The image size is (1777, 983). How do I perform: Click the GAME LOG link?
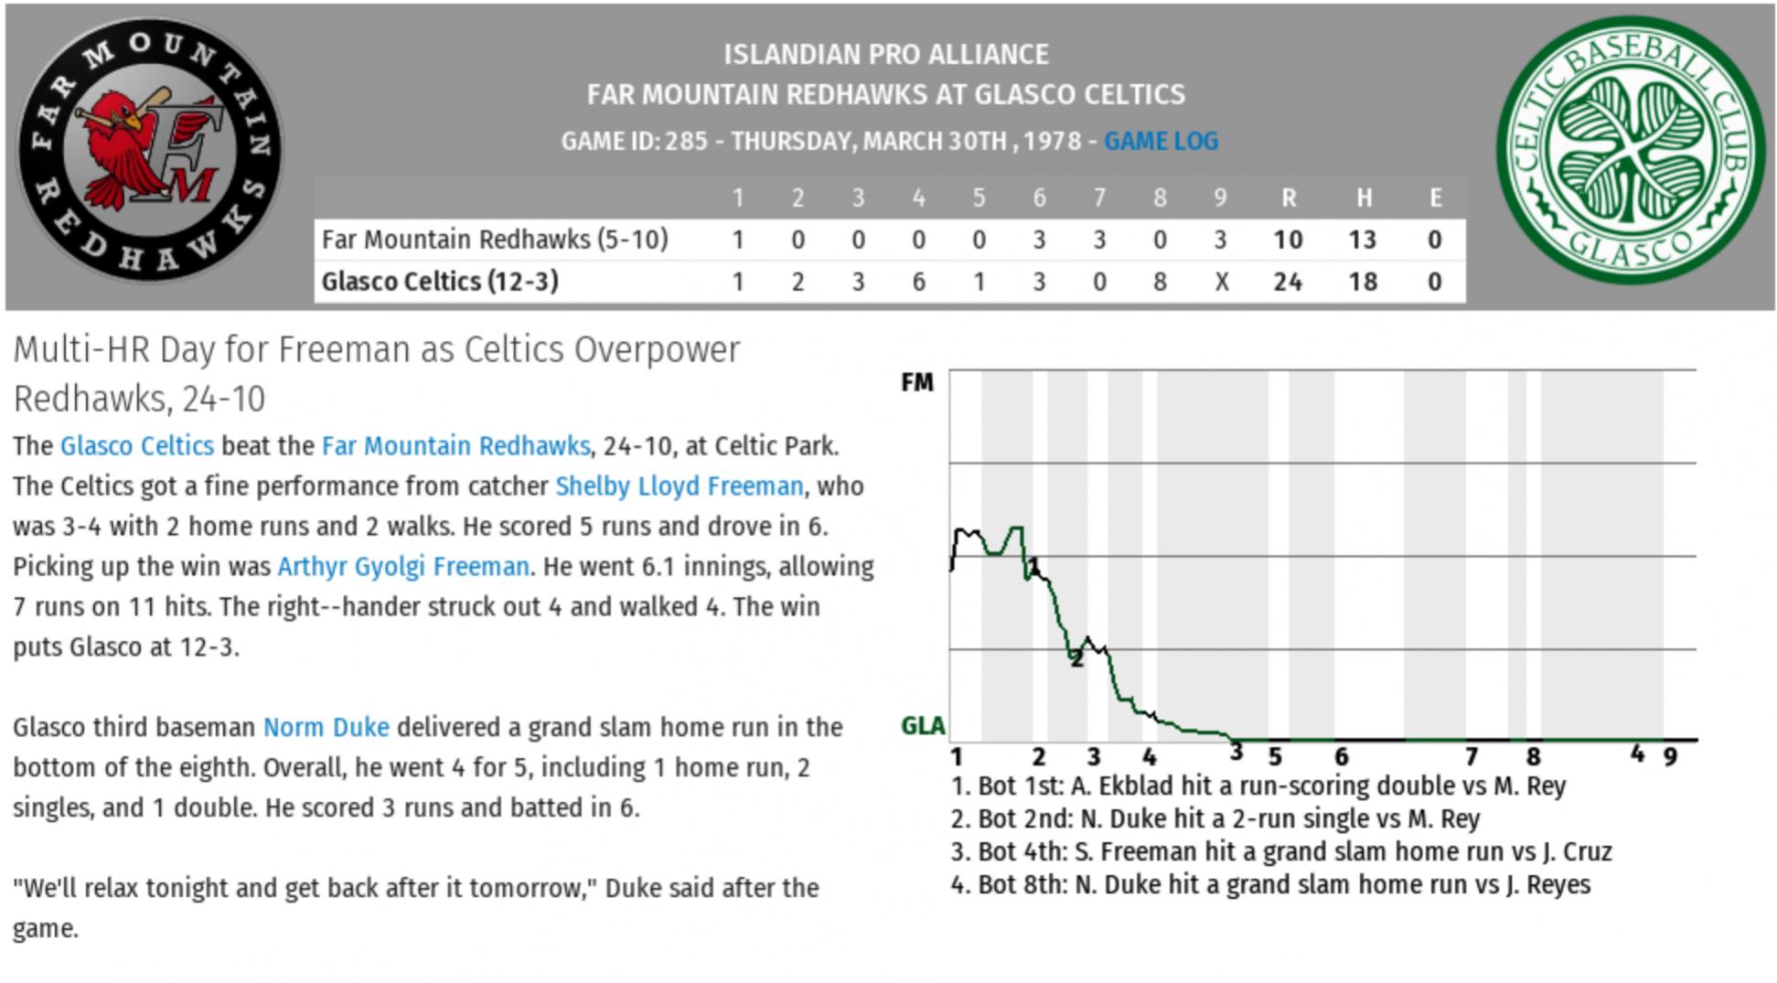pyautogui.click(x=1161, y=142)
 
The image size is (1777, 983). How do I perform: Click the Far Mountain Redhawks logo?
pyautogui.click(x=150, y=149)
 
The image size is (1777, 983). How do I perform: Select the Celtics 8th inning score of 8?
pyautogui.click(x=1160, y=282)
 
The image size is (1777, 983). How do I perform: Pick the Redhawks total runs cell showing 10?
pyautogui.click(x=1288, y=240)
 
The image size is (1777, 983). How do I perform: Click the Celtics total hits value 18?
pyautogui.click(x=1362, y=282)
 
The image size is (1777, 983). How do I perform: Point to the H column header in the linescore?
pyautogui.click(x=1363, y=198)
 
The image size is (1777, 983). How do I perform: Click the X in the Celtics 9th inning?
pyautogui.click(x=1220, y=282)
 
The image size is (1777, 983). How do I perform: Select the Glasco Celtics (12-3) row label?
pyautogui.click(x=440, y=282)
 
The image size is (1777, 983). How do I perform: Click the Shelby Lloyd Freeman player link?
pyautogui.click(x=680, y=486)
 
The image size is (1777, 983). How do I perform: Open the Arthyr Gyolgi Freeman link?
pyautogui.click(x=403, y=566)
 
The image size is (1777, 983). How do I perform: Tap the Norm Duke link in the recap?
pyautogui.click(x=326, y=727)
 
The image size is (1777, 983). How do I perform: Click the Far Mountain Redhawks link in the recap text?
pyautogui.click(x=455, y=446)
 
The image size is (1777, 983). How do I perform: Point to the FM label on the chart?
pyautogui.click(x=917, y=382)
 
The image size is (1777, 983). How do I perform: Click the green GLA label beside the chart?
pyautogui.click(x=923, y=726)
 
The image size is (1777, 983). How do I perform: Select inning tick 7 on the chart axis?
pyautogui.click(x=1471, y=756)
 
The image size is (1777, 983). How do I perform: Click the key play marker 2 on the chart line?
pyautogui.click(x=1076, y=658)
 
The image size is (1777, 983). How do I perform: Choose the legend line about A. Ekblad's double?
pyautogui.click(x=1258, y=786)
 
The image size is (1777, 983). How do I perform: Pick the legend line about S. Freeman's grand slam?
pyautogui.click(x=1280, y=852)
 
